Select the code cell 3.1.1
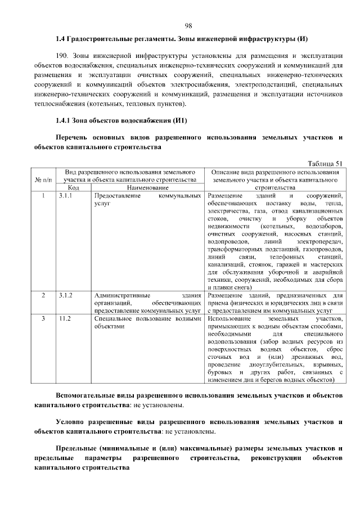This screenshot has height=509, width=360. click(65, 195)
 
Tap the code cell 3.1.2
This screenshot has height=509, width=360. click(65, 295)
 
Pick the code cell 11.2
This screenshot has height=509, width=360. click(64, 318)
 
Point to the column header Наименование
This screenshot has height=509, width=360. click(147, 187)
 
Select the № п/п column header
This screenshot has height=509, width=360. click(43, 179)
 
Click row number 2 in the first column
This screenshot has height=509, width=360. click(43, 295)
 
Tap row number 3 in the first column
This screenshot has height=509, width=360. click(43, 318)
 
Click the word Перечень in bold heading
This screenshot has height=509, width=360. click(74, 137)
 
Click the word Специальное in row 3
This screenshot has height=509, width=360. click(114, 318)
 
